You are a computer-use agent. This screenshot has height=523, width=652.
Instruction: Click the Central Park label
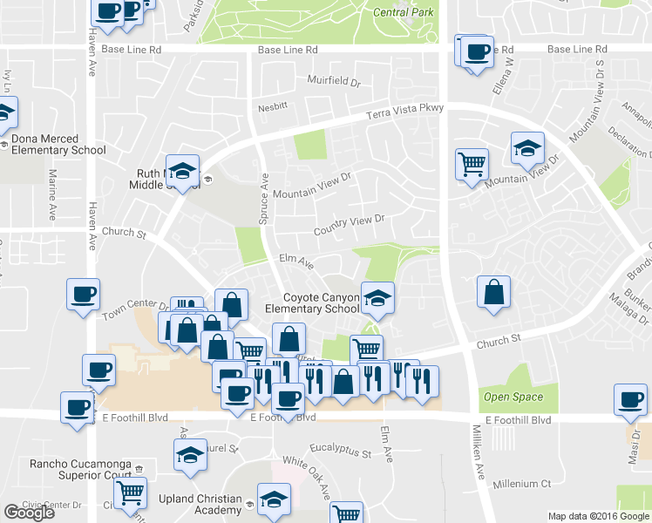402,12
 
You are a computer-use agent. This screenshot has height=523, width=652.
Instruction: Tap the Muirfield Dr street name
334,81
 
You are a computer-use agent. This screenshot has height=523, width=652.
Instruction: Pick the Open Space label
513,397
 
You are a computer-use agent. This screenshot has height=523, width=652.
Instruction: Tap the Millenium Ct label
522,484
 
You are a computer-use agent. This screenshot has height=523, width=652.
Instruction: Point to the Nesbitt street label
272,107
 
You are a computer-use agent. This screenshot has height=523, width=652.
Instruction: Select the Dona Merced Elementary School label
58,145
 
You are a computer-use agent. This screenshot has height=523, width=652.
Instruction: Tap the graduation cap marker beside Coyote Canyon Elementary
377,298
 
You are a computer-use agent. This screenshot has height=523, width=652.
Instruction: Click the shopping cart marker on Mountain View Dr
472,162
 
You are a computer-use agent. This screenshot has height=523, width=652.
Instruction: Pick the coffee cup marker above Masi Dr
630,400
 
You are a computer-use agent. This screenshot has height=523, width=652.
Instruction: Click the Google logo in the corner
29,513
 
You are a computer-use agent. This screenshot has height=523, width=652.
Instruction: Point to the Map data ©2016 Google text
598,516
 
